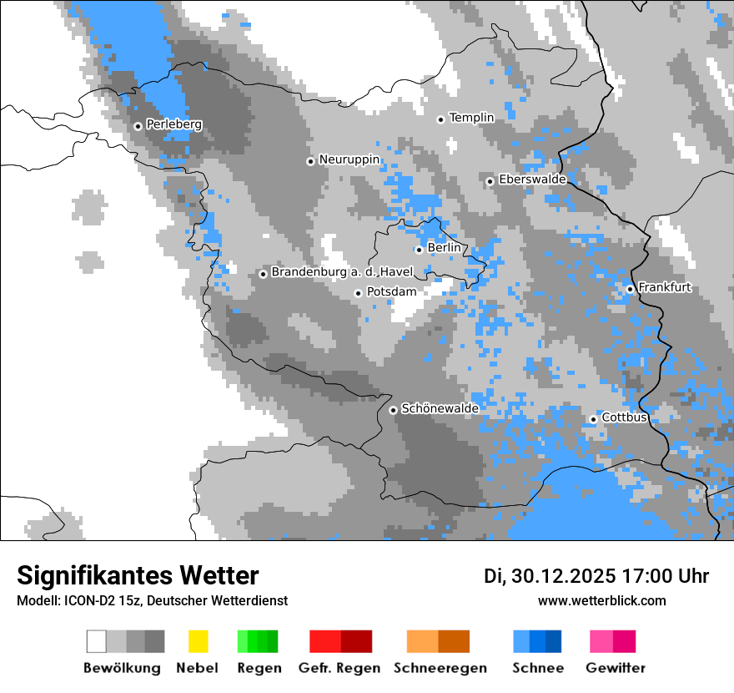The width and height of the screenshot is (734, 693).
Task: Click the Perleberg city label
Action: point(173,124)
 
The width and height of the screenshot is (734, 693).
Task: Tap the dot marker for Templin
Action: point(441,119)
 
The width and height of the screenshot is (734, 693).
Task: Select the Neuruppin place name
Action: point(349,159)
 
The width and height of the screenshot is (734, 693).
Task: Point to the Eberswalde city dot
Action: point(490,181)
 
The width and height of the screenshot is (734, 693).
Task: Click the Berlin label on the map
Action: point(443,248)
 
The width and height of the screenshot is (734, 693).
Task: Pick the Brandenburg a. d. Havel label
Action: point(342,272)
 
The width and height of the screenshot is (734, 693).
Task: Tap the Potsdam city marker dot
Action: point(358,293)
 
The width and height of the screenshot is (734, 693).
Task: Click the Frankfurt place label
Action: point(665,287)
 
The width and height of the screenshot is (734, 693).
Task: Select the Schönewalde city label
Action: point(440,408)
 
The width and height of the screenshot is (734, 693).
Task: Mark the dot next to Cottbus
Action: point(593,419)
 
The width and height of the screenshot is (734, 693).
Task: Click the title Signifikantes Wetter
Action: point(138,575)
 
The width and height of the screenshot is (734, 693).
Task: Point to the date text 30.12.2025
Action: point(561,576)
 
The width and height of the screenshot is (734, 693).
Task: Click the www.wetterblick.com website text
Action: point(601,600)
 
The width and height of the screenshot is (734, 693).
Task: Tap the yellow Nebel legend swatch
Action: point(198,641)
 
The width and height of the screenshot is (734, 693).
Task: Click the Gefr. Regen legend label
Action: point(339,668)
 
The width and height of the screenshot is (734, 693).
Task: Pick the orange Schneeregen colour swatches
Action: point(438,641)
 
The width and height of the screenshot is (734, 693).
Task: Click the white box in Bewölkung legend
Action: point(97,641)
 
